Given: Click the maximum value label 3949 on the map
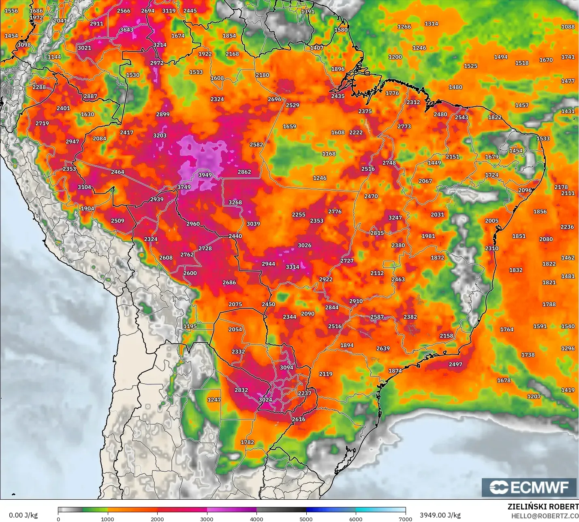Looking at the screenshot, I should point(205,175).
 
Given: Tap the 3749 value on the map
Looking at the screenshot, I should point(184,187).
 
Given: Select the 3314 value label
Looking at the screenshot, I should point(293,267).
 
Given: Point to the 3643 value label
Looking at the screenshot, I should point(126,30).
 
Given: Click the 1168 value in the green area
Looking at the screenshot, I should point(329,154).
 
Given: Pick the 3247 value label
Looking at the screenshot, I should point(395,218).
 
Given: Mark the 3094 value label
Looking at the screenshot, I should point(286,367).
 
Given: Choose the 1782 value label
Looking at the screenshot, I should point(247,442).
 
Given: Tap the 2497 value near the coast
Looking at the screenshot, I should point(455,364).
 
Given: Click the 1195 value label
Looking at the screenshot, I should point(190,326).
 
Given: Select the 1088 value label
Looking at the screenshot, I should point(568,27).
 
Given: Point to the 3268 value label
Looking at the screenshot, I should point(235,202).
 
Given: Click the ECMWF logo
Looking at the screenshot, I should point(529,487).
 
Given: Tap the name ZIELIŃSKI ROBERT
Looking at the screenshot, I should point(543,507).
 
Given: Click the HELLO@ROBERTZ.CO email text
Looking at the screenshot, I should point(545,516).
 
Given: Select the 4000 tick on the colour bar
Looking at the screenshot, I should point(256,519).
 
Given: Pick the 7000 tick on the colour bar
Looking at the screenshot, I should point(406,519).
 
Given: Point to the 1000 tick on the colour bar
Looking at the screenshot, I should point(107,519).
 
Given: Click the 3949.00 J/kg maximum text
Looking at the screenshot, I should point(440,515).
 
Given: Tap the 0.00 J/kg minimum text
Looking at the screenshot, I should point(23,515).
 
